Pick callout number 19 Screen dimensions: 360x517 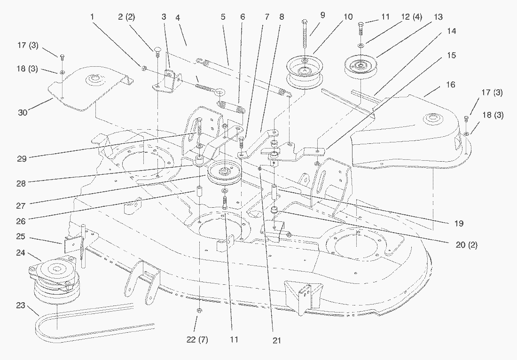[x=458, y=223]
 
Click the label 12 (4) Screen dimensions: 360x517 [x=411, y=17]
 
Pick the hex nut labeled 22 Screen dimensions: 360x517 [x=199, y=311]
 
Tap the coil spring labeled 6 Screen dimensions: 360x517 [x=232, y=104]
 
